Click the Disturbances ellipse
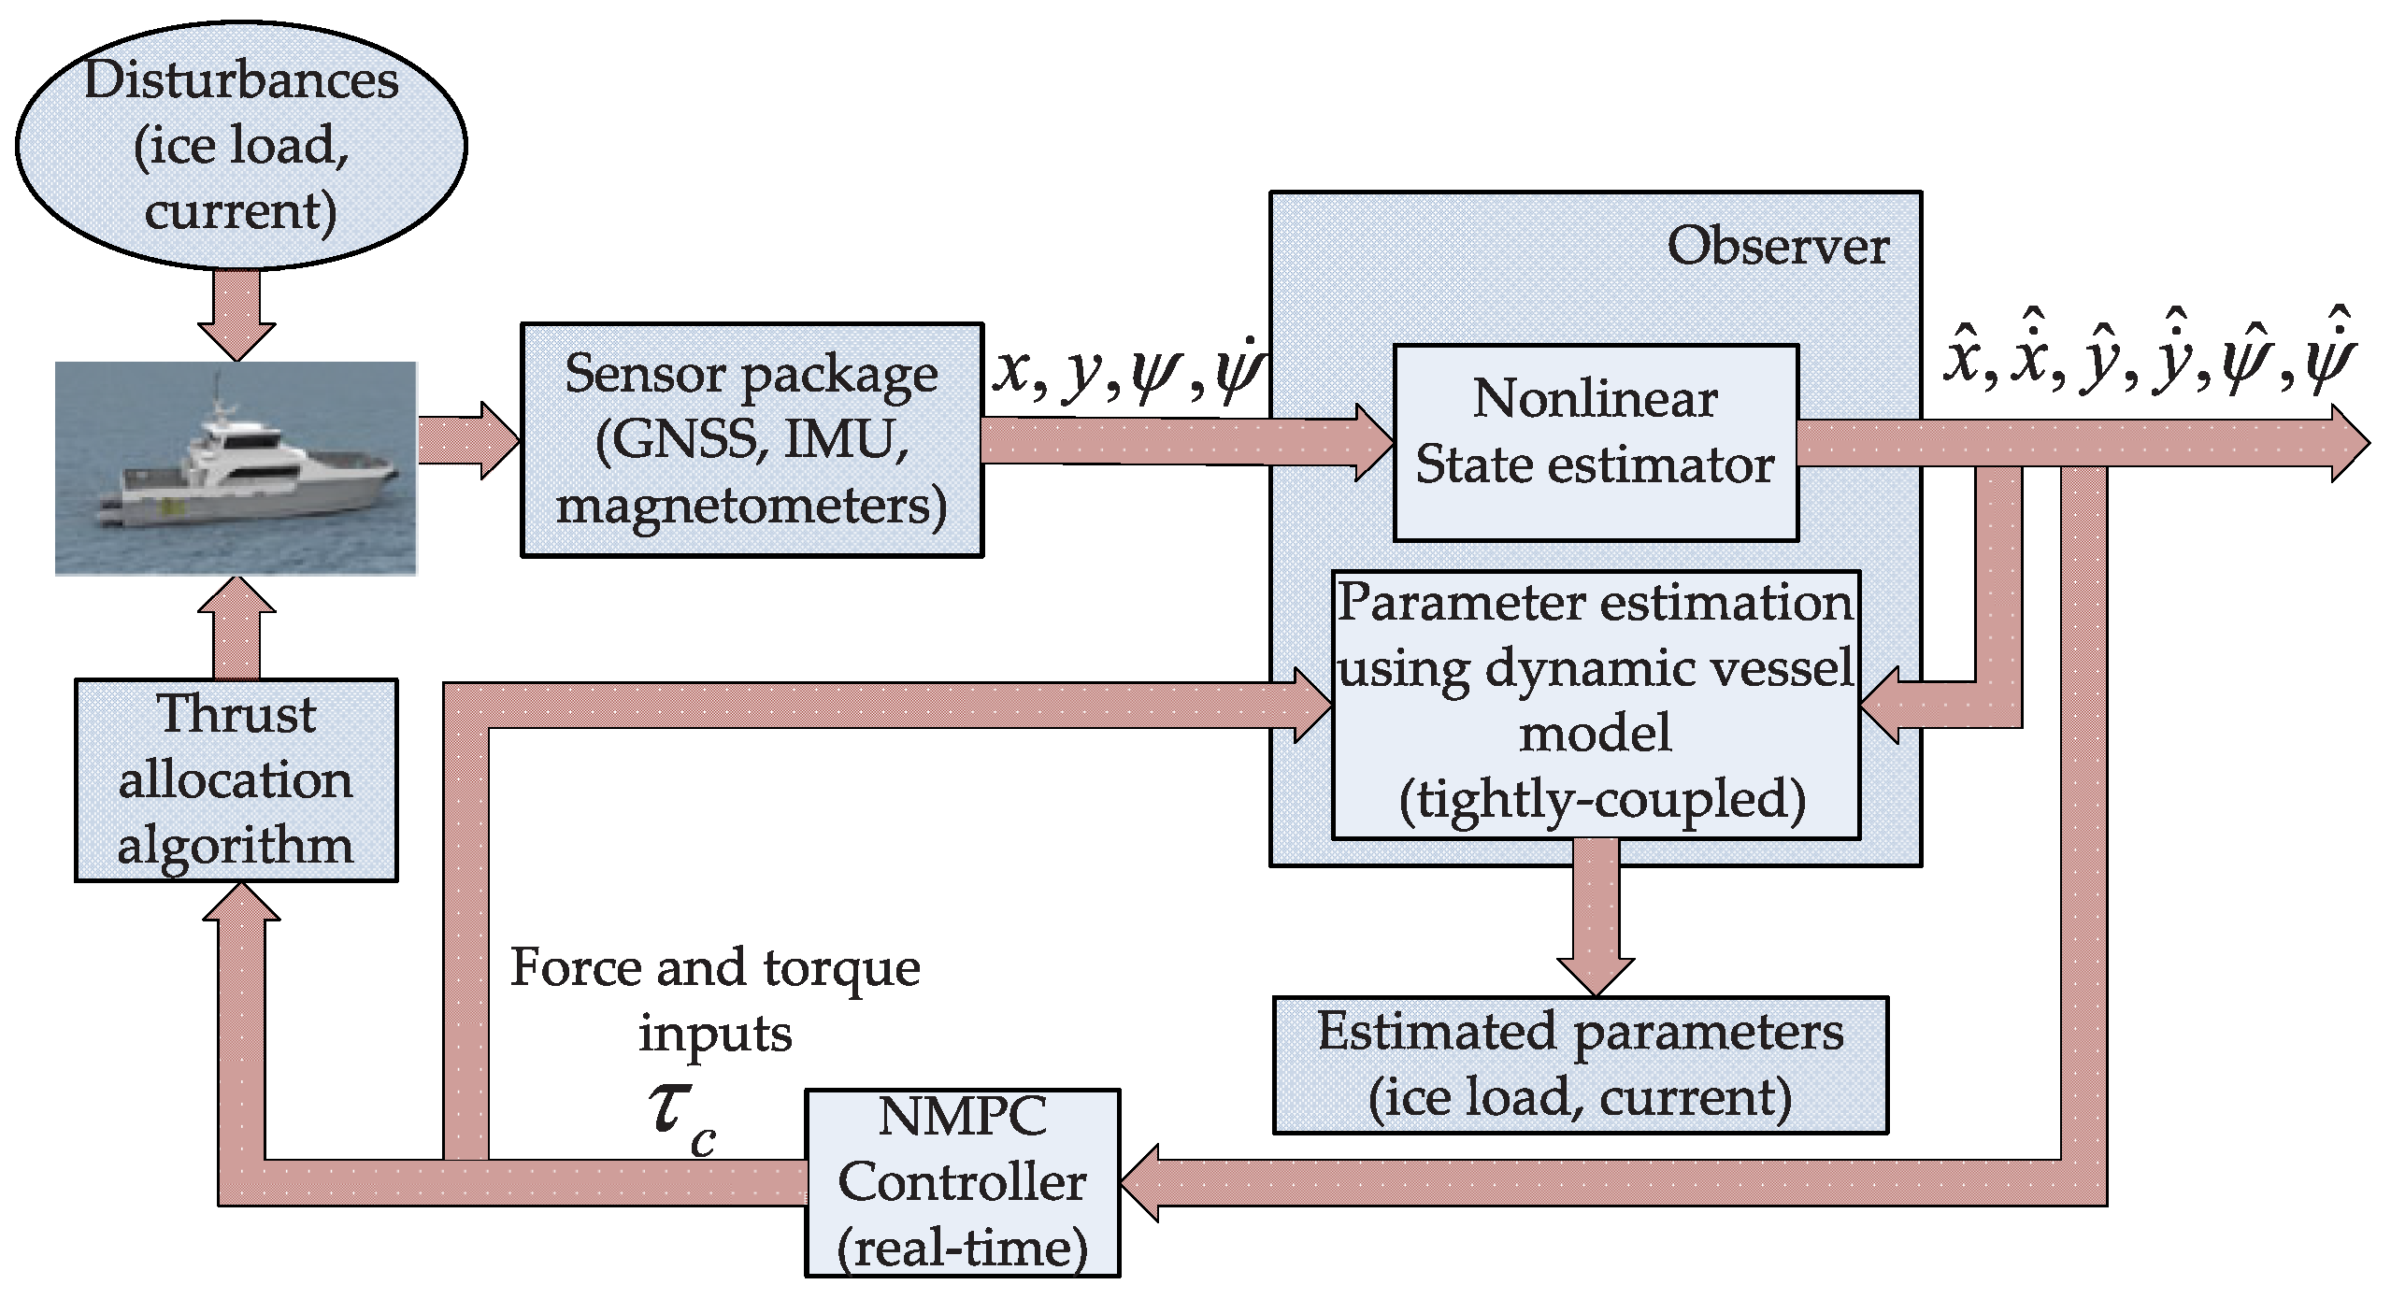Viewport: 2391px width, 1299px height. click(x=241, y=145)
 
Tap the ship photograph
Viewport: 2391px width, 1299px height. click(x=236, y=467)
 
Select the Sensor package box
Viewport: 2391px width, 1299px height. click(x=752, y=439)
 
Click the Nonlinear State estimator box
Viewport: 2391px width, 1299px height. click(x=1595, y=442)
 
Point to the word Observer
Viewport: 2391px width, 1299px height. click(x=1777, y=246)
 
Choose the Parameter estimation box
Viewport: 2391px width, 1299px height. click(x=1595, y=704)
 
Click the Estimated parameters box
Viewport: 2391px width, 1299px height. click(x=1580, y=1064)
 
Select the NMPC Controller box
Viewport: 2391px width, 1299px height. click(x=962, y=1182)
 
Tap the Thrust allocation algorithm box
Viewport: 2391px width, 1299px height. click(x=236, y=779)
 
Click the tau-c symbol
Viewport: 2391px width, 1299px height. click(x=681, y=1116)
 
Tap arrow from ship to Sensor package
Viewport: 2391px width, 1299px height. click(x=468, y=441)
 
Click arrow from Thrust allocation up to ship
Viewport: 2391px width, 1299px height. click(x=236, y=626)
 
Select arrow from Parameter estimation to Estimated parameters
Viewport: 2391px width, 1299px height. click(x=1596, y=916)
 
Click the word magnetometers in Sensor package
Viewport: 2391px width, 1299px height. click(x=752, y=506)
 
